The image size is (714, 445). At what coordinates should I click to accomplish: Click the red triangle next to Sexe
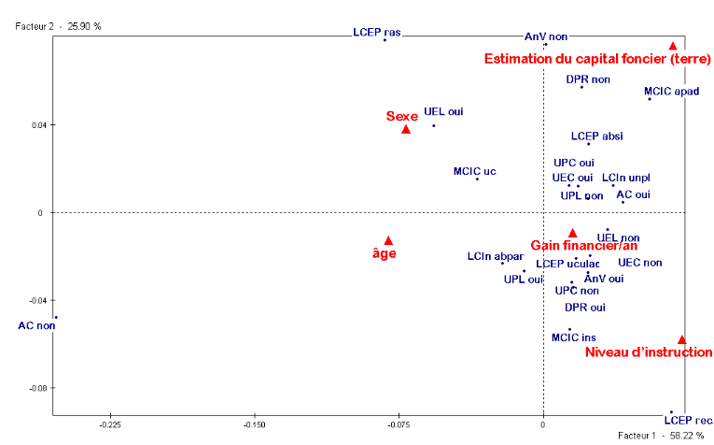(406, 129)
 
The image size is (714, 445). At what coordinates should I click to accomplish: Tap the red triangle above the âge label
(388, 240)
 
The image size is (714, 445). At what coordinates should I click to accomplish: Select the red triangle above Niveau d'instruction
(682, 339)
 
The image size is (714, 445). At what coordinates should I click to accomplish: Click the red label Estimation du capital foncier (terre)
(597, 59)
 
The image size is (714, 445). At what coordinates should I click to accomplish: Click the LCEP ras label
(377, 32)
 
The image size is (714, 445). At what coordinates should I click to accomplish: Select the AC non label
(37, 325)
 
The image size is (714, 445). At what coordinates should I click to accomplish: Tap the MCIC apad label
(671, 92)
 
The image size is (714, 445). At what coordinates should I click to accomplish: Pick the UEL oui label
(443, 110)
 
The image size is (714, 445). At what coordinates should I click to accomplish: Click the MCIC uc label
(474, 171)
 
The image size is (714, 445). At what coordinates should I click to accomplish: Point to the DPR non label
(588, 79)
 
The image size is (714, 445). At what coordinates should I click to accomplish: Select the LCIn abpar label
(496, 256)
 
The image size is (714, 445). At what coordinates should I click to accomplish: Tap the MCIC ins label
(573, 337)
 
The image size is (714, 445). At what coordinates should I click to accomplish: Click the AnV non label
(546, 36)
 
